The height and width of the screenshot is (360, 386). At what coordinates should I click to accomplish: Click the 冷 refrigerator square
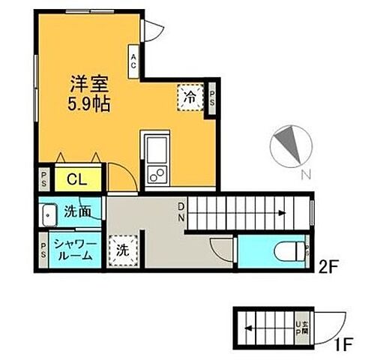pyautogui.click(x=191, y=97)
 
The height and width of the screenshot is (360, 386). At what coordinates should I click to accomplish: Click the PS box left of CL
pyautogui.click(x=43, y=179)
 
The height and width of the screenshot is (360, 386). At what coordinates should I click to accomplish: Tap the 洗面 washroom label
pyautogui.click(x=78, y=212)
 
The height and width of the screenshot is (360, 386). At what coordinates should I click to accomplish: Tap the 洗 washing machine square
pyautogui.click(x=123, y=250)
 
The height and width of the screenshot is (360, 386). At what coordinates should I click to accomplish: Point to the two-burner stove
pyautogui.click(x=159, y=174)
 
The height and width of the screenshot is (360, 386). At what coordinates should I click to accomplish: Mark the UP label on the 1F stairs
pyautogui.click(x=302, y=328)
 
